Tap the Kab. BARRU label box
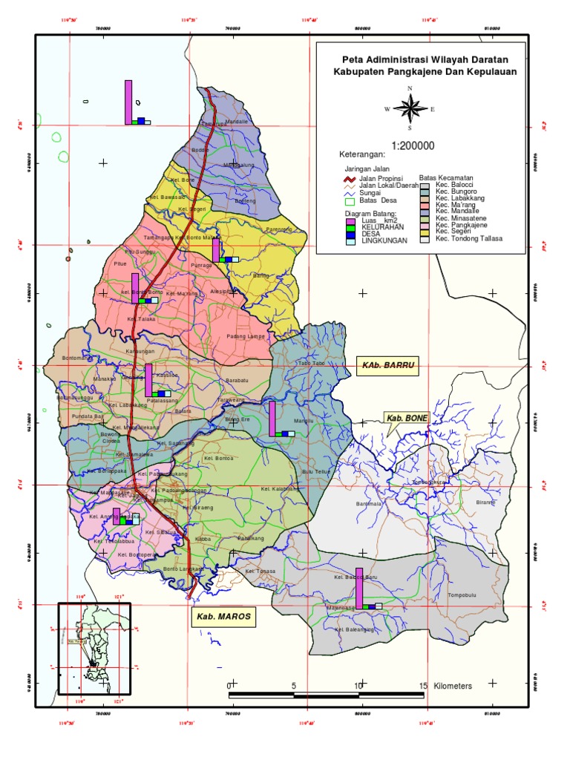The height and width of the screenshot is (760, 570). (387, 366)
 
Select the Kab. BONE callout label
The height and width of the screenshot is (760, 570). (406, 419)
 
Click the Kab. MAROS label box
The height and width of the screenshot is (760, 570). (223, 617)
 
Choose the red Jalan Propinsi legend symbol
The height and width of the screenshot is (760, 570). (347, 179)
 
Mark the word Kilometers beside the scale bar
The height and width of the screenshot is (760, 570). (453, 686)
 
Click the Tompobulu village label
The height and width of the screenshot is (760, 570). (462, 596)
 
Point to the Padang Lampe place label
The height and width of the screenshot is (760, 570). (245, 336)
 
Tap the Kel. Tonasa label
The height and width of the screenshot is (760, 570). (261, 571)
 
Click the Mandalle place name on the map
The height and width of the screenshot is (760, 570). (236, 121)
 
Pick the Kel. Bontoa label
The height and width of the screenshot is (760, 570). (219, 459)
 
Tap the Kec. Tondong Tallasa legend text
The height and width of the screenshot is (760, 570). (469, 239)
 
